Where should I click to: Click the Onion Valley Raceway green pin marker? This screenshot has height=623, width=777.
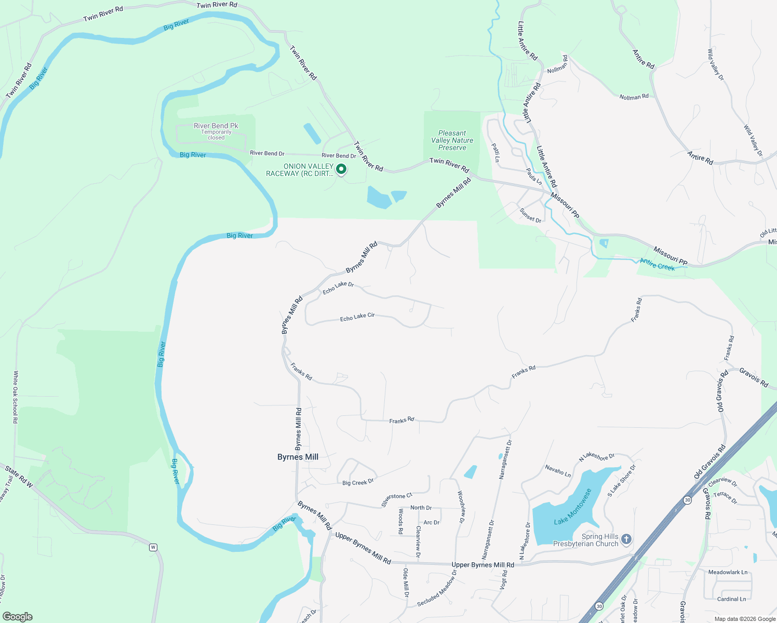[341, 169]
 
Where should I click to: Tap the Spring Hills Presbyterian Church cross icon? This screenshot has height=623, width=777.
[626, 539]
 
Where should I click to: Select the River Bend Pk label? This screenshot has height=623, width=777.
[216, 126]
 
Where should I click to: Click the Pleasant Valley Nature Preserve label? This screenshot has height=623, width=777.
[452, 141]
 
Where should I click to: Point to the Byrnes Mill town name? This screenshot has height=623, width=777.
[298, 457]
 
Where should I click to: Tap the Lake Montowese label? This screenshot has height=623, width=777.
[573, 507]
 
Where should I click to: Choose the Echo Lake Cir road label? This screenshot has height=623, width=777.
[357, 317]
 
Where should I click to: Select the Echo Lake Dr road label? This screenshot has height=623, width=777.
[338, 288]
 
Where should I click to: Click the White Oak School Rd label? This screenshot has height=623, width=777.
[16, 397]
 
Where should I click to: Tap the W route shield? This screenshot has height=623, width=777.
[153, 547]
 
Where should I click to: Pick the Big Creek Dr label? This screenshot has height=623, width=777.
[358, 482]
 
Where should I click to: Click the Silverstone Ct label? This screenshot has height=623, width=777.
[397, 499]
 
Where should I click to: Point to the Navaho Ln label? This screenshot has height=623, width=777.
[558, 471]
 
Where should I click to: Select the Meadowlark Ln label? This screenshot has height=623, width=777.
[728, 572]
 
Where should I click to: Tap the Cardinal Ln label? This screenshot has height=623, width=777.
[731, 599]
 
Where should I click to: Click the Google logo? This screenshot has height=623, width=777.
[17, 617]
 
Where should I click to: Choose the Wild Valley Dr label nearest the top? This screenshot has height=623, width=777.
[715, 64]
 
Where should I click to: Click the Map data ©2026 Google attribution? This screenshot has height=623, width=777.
[745, 619]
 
